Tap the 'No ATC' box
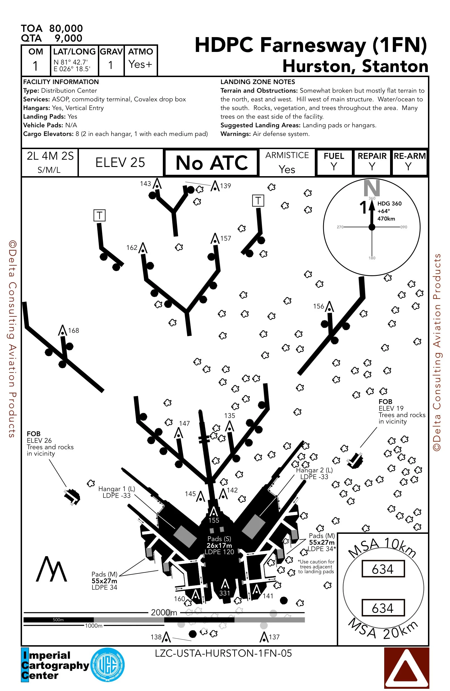pyautogui.click(x=211, y=162)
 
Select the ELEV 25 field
pyautogui.click(x=120, y=162)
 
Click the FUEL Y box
pyautogui.click(x=334, y=162)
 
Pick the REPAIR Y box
pyautogui.click(x=372, y=162)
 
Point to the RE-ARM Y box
pyautogui.click(x=409, y=162)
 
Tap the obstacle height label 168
pyautogui.click(x=73, y=330)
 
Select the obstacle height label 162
pyautogui.click(x=132, y=248)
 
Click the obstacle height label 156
pyautogui.click(x=318, y=306)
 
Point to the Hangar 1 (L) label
pyautogui.click(x=117, y=492)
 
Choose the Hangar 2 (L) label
pyautogui.click(x=314, y=473)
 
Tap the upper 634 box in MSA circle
pyautogui.click(x=383, y=569)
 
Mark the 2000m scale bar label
pyautogui.click(x=164, y=612)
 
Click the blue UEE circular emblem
pyautogui.click(x=108, y=665)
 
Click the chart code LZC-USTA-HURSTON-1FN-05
pyautogui.click(x=223, y=653)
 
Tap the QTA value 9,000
pyautogui.click(x=68, y=38)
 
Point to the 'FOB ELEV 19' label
pyautogui.click(x=391, y=405)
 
